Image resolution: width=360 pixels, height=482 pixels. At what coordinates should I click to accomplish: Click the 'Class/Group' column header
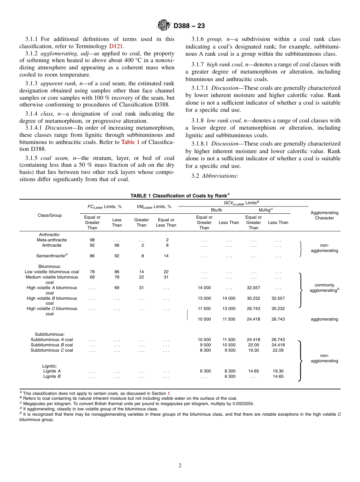[50, 215]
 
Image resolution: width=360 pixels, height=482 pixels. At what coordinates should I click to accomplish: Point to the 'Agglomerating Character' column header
[324, 215]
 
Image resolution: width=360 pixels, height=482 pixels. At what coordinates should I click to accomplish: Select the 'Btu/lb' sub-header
[216, 210]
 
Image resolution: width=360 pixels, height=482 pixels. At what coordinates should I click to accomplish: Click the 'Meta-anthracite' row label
[52, 240]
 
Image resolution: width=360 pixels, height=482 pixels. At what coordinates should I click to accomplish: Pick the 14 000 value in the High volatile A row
[204, 288]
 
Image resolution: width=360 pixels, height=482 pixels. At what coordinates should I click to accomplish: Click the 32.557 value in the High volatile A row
[254, 288]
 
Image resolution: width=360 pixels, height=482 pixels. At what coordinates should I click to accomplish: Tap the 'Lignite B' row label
[52, 376]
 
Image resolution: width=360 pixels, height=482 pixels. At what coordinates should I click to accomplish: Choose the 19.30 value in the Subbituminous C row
[254, 350]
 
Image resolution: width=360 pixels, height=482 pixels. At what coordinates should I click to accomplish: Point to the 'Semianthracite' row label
[52, 256]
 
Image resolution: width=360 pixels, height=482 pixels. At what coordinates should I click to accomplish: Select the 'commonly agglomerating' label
[324, 288]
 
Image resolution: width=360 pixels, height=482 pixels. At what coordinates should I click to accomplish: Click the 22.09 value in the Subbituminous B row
[254, 345]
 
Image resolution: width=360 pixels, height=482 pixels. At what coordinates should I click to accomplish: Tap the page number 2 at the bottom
[180, 466]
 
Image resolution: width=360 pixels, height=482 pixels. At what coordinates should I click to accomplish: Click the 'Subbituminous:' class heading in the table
[50, 334]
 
